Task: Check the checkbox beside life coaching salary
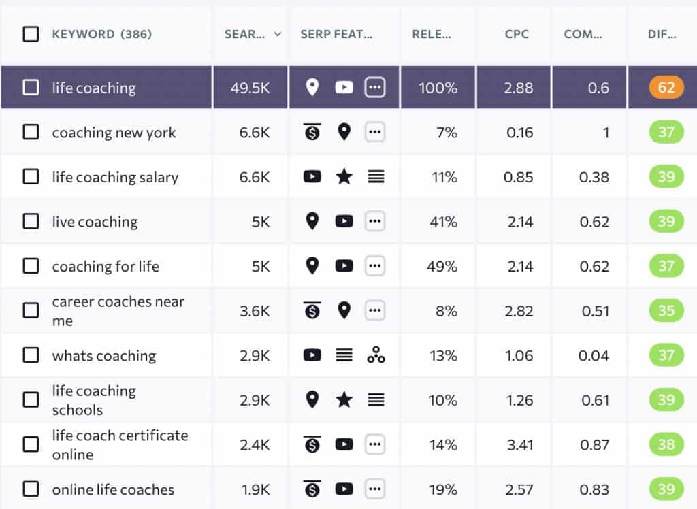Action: (31, 177)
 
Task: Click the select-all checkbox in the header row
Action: (31, 34)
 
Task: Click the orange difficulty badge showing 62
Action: (666, 87)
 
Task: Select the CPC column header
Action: (517, 34)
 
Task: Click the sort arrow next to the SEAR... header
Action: (278, 34)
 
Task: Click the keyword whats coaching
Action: (104, 355)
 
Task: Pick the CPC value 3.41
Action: (519, 444)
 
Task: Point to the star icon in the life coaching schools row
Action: (344, 399)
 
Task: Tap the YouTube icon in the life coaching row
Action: (344, 87)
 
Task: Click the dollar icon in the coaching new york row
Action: (312, 132)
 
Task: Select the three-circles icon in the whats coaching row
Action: (376, 355)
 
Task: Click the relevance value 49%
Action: (442, 266)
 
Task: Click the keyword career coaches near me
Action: (118, 311)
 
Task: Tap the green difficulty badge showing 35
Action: (666, 310)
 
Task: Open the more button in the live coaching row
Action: (375, 221)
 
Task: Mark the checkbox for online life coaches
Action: (31, 489)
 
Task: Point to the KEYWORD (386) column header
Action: (102, 34)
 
